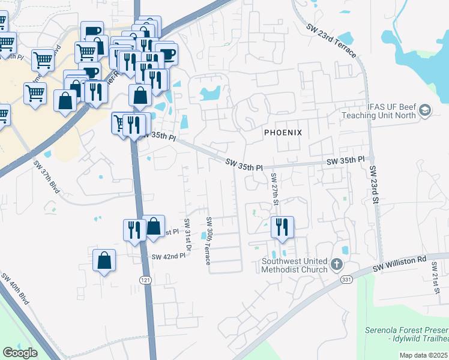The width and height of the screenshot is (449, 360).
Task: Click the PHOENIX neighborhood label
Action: click(282, 131)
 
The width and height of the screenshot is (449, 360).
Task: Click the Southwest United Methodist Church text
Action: click(294, 265)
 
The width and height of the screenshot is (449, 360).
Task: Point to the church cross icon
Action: click(337, 263)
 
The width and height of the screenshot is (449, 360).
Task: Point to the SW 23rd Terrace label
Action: click(331, 41)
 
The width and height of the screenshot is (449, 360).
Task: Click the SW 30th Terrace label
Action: click(208, 241)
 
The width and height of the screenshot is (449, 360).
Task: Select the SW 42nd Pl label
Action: click(169, 256)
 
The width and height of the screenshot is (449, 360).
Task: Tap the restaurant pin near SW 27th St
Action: click(282, 227)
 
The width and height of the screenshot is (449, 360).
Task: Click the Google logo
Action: click(20, 353)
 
